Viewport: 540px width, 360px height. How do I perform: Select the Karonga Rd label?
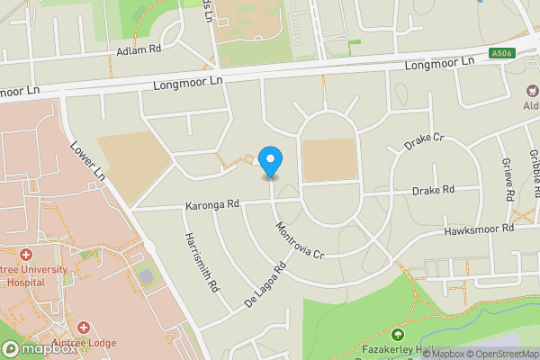point(211,204)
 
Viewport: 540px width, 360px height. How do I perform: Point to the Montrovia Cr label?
point(299,240)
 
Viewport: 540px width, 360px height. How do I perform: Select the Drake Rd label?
point(433,191)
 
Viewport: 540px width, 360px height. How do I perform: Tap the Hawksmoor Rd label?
point(479,230)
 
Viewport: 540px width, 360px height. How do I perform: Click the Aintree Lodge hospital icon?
point(84,328)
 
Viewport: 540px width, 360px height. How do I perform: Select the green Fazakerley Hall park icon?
point(398,336)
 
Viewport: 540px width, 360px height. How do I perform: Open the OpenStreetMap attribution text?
point(499,354)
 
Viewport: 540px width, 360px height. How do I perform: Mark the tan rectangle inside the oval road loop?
point(328,160)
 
